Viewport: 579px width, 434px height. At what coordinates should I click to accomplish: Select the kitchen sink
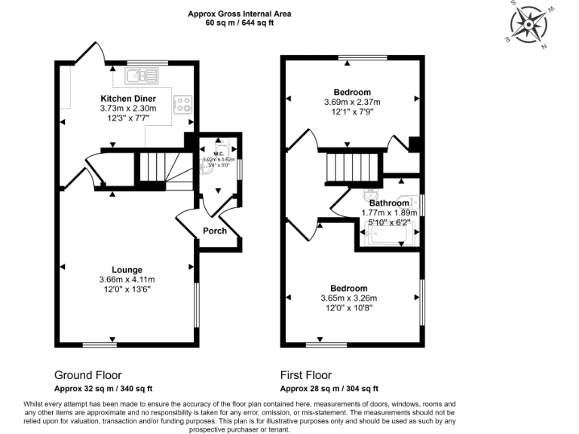coord(140,75)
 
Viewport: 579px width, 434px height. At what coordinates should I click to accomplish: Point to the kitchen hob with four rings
coord(182,105)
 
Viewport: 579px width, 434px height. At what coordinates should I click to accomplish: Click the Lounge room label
coord(127,269)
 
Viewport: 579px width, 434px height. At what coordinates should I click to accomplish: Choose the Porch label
coord(216,231)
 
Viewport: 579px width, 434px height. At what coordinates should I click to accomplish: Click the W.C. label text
coord(219,154)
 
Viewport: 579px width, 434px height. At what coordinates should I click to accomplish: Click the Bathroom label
coord(389,203)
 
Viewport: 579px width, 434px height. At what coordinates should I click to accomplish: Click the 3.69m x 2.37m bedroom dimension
coord(352,102)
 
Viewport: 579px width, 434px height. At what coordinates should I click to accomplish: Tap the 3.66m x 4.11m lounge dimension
coord(127,280)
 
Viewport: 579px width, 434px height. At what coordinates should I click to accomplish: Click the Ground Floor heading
coord(87,374)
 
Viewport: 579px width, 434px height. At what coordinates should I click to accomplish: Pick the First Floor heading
coord(305,374)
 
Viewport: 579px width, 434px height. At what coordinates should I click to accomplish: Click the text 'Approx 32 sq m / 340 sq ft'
coord(103,389)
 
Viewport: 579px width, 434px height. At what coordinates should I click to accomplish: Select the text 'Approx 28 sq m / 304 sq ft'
coord(329,389)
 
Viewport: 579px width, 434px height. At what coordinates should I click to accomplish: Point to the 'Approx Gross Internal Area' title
coord(240,14)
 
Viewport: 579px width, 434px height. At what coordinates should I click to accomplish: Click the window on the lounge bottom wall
coord(100,346)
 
